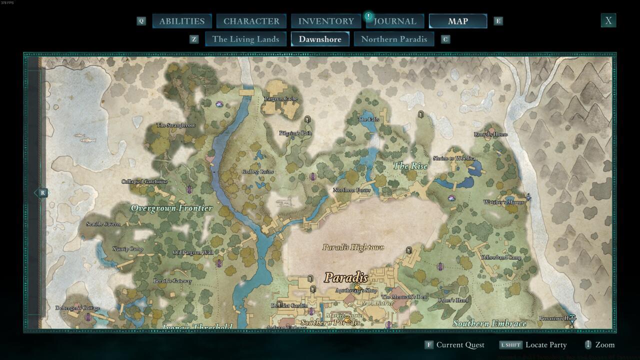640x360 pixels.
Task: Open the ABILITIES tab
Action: point(181,21)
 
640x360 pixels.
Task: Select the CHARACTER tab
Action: point(251,21)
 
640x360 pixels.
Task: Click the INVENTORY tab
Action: point(326,21)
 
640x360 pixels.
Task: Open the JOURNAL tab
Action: point(395,21)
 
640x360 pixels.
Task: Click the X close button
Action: point(608,20)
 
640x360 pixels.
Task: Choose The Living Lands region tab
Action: point(245,39)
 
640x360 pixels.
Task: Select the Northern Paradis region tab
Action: point(394,39)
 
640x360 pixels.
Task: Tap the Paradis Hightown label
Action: point(353,247)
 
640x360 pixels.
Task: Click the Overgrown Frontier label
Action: point(171,208)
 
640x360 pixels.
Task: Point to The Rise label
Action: point(410,166)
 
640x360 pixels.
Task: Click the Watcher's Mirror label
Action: point(503,202)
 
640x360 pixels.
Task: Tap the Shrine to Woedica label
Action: point(453,158)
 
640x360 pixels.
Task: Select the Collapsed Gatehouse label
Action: point(144,181)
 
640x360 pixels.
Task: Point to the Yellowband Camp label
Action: point(500,257)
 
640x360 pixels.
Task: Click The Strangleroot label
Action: point(175,125)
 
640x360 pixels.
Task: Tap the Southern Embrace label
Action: point(489,323)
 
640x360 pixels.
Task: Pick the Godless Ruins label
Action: point(258,172)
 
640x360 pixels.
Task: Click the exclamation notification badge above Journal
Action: point(368,16)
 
